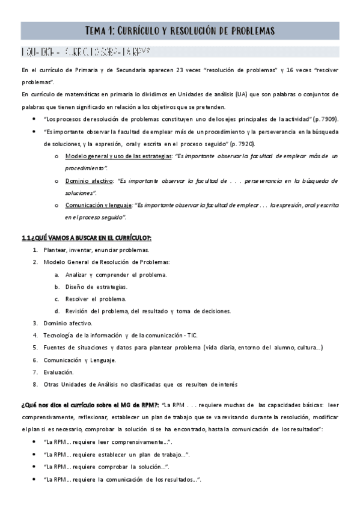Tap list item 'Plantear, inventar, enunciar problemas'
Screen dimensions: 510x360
tap(96, 250)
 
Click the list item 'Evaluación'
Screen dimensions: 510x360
tap(58, 372)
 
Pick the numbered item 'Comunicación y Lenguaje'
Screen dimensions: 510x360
tap(79, 360)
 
